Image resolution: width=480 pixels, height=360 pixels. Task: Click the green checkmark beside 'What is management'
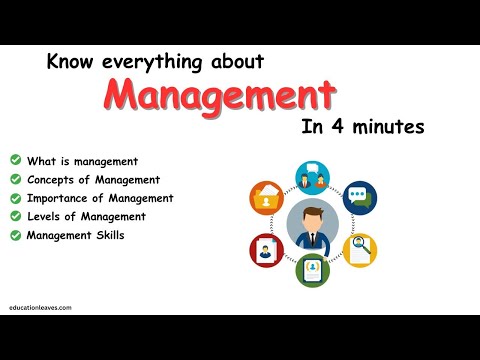click(15, 160)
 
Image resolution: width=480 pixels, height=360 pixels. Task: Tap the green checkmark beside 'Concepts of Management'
click(15, 179)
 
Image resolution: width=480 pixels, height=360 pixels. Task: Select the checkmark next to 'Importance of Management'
click(15, 198)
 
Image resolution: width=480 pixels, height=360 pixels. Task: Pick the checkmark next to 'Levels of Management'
click(15, 216)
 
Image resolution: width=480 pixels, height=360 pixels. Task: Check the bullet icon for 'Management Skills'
click(15, 235)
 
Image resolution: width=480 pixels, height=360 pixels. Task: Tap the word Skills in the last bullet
click(113, 235)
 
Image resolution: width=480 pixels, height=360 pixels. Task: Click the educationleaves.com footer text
click(42, 309)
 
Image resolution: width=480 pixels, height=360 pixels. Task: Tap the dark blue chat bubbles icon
click(359, 197)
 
